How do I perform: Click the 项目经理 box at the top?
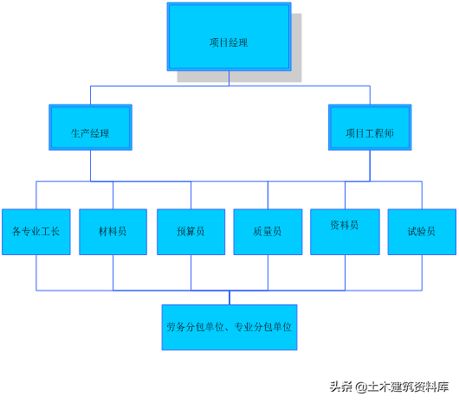(229, 37)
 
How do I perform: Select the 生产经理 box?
(90, 127)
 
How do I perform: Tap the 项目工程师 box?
(370, 127)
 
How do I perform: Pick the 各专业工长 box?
(36, 232)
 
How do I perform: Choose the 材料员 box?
(113, 232)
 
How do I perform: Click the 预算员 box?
(191, 232)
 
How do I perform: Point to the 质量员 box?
(268, 232)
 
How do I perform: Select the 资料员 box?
(345, 232)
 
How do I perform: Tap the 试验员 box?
(422, 232)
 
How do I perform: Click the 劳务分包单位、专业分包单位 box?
(229, 327)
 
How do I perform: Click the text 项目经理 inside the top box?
(229, 42)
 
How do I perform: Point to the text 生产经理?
(90, 133)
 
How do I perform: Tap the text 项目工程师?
(370, 133)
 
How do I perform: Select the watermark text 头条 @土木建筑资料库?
(390, 387)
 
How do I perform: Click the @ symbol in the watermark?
(361, 387)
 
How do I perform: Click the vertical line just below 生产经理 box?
(90, 166)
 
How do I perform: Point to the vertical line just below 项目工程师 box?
(370, 166)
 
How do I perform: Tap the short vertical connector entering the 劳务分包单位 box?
(229, 297)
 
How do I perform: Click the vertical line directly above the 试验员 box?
(422, 195)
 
